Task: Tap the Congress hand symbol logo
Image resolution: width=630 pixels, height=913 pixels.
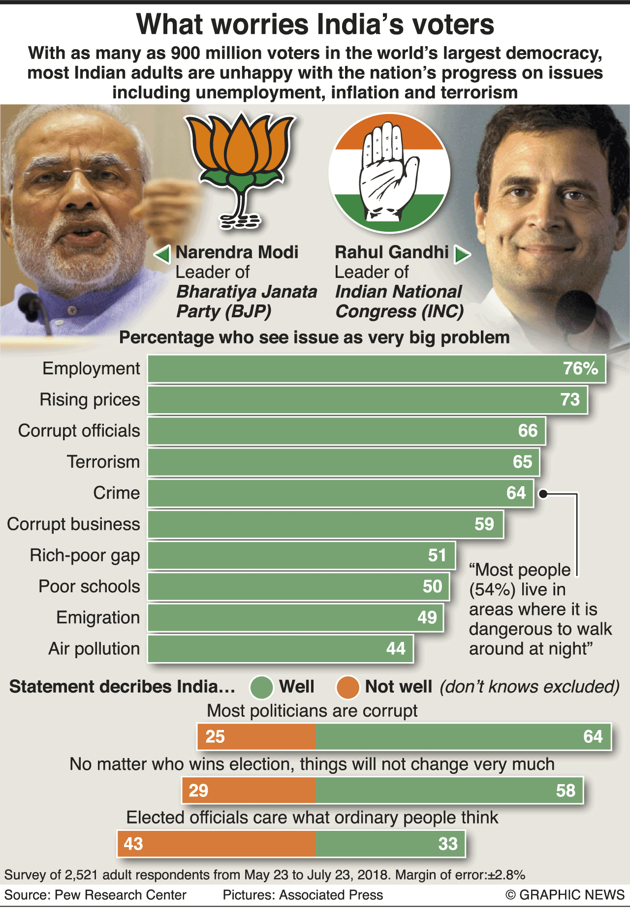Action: pyautogui.click(x=389, y=173)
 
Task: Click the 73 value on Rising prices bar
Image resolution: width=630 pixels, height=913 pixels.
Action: pyautogui.click(x=570, y=400)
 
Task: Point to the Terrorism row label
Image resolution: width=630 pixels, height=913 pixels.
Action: pyautogui.click(x=103, y=462)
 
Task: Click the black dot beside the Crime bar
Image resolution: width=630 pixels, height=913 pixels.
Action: pyautogui.click(x=543, y=494)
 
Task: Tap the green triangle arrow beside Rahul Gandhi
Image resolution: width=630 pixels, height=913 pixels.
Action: pyautogui.click(x=462, y=254)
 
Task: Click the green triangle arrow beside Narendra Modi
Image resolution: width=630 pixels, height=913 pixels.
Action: pyautogui.click(x=163, y=254)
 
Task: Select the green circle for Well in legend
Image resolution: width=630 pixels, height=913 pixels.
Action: pyautogui.click(x=261, y=687)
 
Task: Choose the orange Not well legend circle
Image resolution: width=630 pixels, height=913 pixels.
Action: pyautogui.click(x=347, y=687)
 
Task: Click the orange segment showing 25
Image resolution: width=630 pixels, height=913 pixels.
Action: pyautogui.click(x=256, y=737)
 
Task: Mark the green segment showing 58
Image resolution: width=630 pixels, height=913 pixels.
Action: pyautogui.click(x=449, y=791)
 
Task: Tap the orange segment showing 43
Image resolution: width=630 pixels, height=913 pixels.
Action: pyautogui.click(x=217, y=844)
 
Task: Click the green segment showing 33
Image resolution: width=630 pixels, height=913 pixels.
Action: pyautogui.click(x=390, y=844)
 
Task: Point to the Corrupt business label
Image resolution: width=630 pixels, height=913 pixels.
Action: pyautogui.click(x=73, y=524)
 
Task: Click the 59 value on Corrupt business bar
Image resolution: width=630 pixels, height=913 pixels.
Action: pyautogui.click(x=484, y=524)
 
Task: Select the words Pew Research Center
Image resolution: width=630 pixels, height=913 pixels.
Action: pyautogui.click(x=121, y=895)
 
